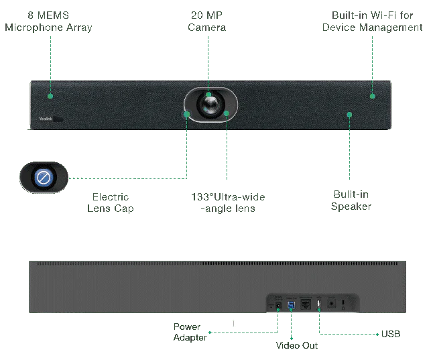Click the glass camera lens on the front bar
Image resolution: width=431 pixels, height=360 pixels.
coord(210,105)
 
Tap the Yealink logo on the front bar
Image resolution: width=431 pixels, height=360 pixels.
coord(42,117)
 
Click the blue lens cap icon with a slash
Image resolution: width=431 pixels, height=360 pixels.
coord(44,178)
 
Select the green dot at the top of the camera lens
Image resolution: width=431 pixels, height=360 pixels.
coord(208,95)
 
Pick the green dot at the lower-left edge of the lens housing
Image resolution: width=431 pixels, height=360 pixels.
coord(187,114)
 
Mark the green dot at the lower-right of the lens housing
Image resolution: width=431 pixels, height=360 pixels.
coord(227,114)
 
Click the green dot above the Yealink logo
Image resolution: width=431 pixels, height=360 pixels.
coord(50,96)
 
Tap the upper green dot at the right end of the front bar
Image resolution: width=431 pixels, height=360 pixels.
coord(372,96)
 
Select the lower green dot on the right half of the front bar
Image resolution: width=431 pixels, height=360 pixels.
coord(349,115)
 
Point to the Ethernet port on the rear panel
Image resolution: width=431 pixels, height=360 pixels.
coord(306,305)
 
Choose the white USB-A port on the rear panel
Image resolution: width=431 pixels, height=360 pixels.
coord(318,305)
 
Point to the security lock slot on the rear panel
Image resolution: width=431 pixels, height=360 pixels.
coord(344,304)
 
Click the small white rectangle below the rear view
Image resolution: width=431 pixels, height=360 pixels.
coord(233,322)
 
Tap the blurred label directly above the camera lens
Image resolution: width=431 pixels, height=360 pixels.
coord(208,21)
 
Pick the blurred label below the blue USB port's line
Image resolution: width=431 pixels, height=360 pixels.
coord(297,345)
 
